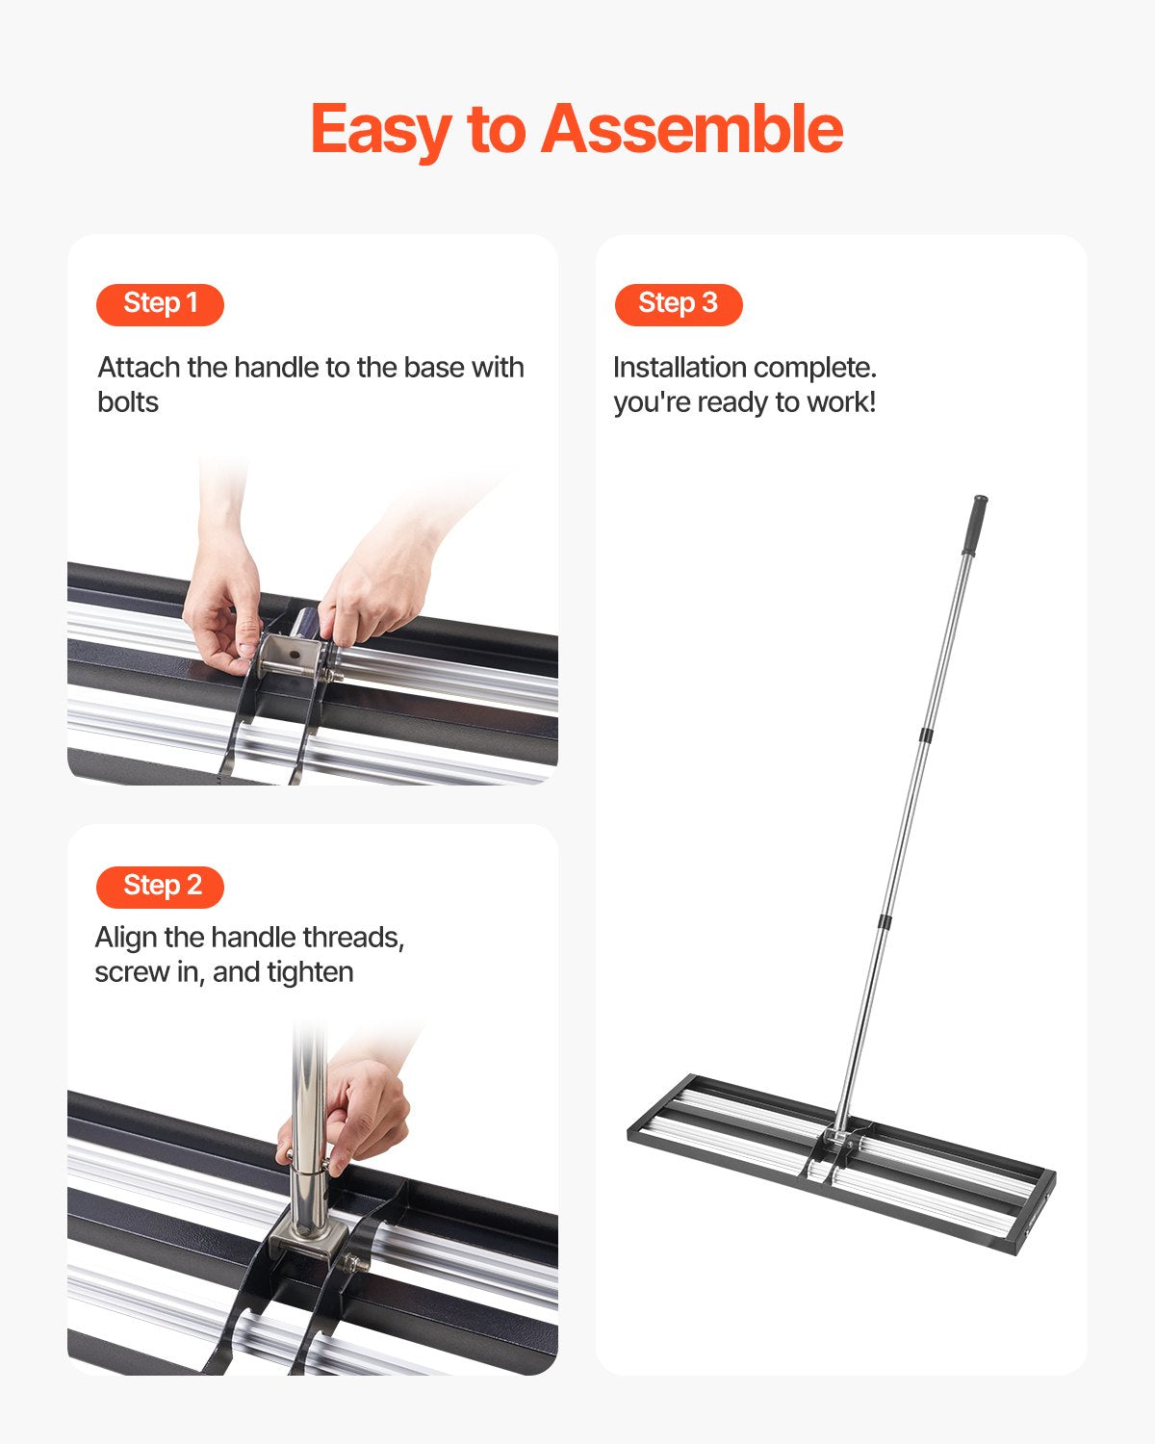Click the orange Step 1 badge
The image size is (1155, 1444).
tap(160, 304)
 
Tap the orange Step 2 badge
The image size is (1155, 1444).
tap(160, 887)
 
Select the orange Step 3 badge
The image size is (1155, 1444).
tap(679, 304)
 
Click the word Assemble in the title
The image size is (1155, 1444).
tap(691, 130)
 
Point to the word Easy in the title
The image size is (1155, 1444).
tap(381, 130)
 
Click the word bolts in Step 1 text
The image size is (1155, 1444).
tap(128, 402)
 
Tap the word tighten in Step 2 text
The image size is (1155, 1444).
tap(310, 972)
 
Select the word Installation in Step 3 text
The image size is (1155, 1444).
tap(680, 368)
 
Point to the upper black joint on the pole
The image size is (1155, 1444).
tap(926, 735)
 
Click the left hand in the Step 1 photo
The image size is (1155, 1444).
tap(221, 606)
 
